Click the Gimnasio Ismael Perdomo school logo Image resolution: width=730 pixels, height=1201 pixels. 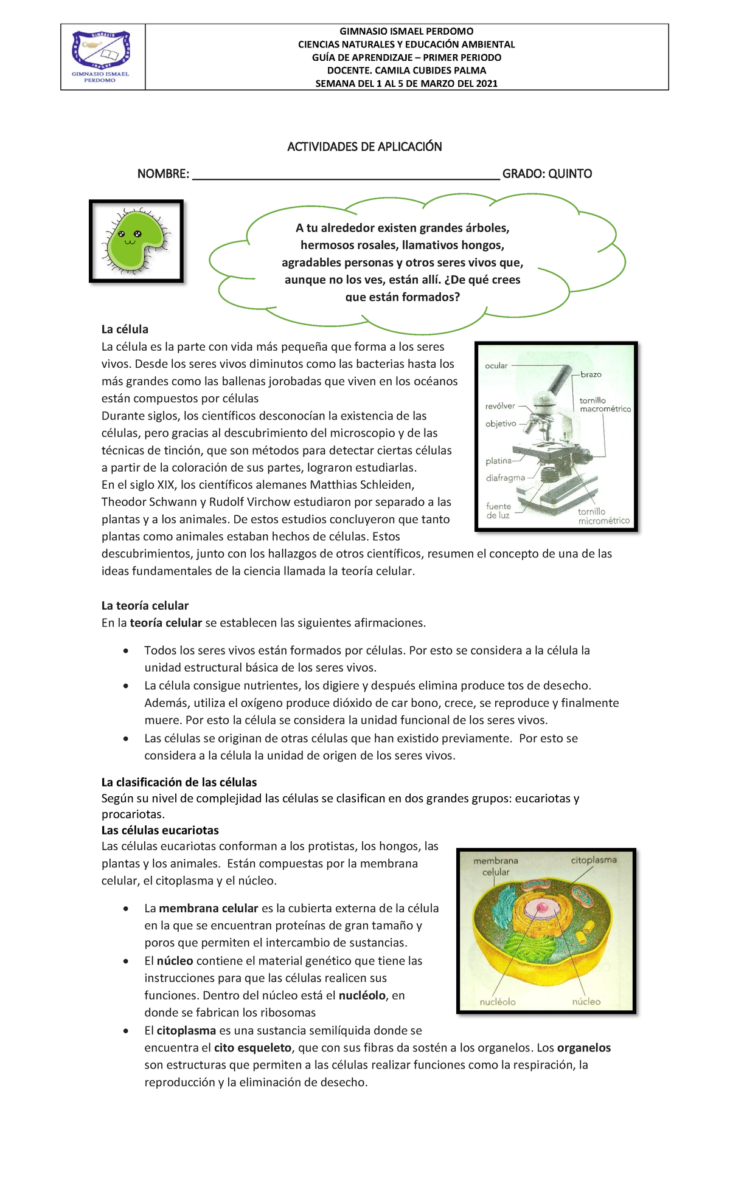tap(101, 57)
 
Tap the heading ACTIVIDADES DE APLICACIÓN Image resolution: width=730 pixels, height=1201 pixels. tap(364, 146)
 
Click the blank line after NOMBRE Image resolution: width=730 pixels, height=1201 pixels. tap(346, 175)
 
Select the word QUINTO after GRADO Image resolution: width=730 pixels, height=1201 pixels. tap(569, 174)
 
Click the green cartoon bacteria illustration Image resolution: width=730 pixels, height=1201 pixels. tap(135, 241)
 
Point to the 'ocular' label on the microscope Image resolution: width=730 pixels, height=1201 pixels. tap(496, 366)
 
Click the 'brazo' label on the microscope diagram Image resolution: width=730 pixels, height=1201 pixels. tap(591, 374)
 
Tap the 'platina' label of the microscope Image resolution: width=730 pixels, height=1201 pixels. tap(498, 461)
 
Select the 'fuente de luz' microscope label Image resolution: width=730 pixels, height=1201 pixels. tap(498, 511)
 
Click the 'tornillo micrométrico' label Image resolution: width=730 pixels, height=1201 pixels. tap(603, 516)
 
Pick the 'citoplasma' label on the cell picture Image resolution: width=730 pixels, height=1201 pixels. tap(593, 860)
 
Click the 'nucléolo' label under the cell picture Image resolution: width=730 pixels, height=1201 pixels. tap(498, 1002)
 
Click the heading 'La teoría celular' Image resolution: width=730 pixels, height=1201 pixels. tap(145, 605)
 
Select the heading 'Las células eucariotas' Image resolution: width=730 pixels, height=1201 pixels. tap(160, 830)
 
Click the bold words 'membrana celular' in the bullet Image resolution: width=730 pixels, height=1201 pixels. tap(209, 909)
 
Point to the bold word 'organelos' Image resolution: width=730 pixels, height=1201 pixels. tap(583, 1048)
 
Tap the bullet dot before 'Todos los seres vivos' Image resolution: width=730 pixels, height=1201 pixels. tap(126, 651)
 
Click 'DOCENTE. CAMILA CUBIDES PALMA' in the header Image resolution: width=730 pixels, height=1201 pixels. tap(406, 71)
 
